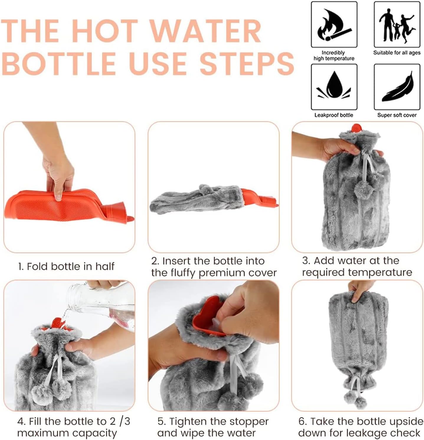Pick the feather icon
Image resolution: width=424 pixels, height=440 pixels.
click(397, 87)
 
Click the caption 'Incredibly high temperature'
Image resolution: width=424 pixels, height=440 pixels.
click(334, 55)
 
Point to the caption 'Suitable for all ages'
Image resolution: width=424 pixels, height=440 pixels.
click(397, 53)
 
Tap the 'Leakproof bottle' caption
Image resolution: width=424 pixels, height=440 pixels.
click(334, 115)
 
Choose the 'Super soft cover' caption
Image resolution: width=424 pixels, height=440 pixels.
click(397, 115)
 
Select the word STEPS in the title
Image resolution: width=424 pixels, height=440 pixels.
click(247, 63)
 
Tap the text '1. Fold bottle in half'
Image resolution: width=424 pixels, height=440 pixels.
click(66, 266)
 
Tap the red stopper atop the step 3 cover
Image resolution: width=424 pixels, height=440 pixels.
click(356, 128)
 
